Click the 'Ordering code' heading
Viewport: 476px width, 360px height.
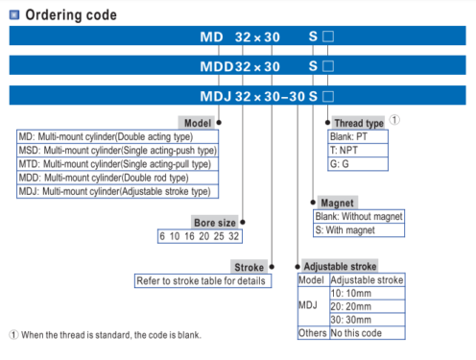[71, 15]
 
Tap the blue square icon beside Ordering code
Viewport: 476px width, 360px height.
[14, 14]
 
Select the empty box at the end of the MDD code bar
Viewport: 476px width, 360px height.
[328, 66]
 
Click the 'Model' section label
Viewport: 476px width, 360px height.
[198, 123]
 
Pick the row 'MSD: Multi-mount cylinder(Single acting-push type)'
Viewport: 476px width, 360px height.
[117, 150]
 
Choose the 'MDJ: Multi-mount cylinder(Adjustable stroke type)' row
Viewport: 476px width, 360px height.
[117, 191]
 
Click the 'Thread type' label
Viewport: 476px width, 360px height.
[359, 123]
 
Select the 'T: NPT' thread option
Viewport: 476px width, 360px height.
[358, 150]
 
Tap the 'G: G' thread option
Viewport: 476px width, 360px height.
[358, 164]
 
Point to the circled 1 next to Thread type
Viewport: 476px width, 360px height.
[394, 120]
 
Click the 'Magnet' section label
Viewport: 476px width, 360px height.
[338, 203]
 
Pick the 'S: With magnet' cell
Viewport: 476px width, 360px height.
[359, 230]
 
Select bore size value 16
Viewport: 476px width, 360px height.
[189, 236]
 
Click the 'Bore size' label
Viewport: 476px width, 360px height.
[215, 223]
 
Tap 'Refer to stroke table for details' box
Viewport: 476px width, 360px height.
[202, 280]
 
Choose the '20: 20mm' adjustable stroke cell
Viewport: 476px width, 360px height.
[368, 306]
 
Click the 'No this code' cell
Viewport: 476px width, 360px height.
[368, 333]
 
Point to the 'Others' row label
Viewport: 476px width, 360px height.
[313, 333]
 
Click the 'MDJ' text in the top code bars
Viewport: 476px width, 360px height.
[216, 96]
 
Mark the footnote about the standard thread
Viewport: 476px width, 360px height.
[106, 335]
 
